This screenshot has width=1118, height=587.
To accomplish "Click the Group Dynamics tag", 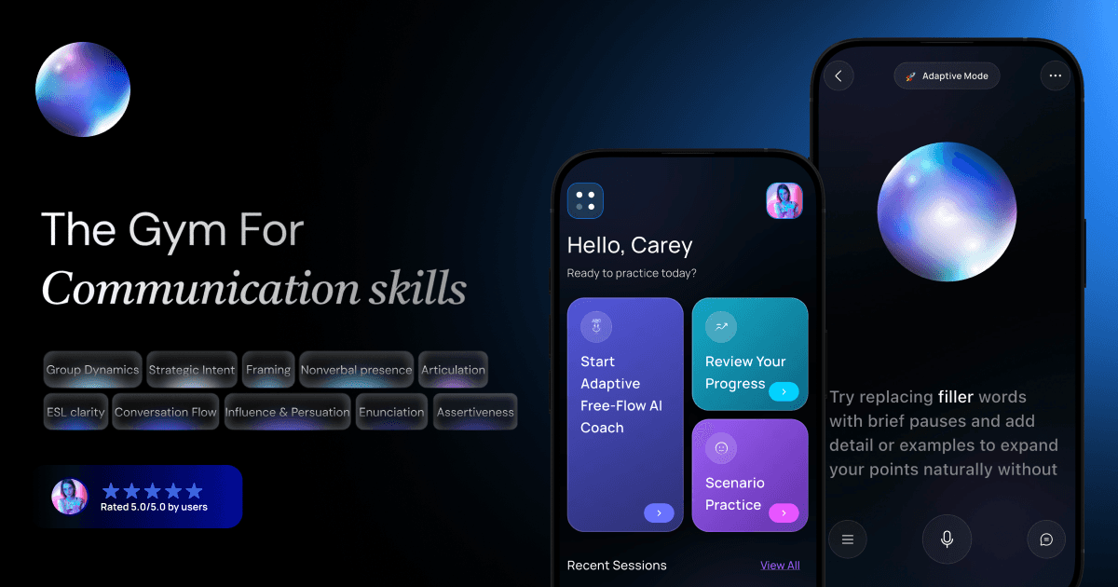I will click(92, 370).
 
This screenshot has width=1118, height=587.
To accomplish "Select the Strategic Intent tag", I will click(192, 370).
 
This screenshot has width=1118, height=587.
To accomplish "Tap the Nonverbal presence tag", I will click(356, 370).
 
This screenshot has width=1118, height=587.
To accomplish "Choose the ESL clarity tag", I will click(75, 412).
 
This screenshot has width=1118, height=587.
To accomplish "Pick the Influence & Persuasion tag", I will click(288, 412).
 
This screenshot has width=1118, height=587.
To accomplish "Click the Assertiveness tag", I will click(475, 412).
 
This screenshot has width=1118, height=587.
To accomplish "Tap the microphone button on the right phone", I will click(947, 539).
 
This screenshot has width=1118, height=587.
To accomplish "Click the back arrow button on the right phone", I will click(838, 76).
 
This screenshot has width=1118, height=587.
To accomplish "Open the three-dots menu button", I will click(1055, 76).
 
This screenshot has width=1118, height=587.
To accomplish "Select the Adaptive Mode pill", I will click(947, 76).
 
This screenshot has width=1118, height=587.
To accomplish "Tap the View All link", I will click(780, 566).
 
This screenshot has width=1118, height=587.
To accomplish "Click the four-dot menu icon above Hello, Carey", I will click(585, 200).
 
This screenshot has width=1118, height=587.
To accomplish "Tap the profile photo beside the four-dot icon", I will click(784, 200).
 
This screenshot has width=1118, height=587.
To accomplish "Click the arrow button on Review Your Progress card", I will click(784, 392).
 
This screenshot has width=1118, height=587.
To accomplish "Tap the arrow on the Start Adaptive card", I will click(659, 512).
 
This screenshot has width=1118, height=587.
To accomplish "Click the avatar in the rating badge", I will click(70, 497).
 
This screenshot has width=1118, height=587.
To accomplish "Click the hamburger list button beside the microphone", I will click(847, 539).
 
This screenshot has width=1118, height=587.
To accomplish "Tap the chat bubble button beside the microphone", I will click(1046, 539).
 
